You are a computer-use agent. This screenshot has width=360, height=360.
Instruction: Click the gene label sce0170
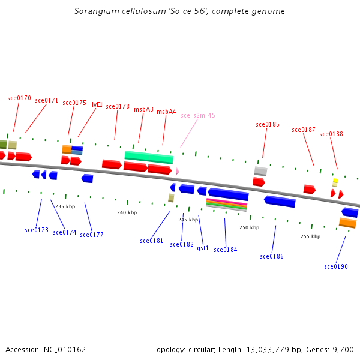click(19, 97)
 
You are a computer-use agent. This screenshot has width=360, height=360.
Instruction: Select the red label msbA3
click(143, 109)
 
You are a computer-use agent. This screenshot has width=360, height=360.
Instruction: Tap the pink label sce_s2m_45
click(198, 115)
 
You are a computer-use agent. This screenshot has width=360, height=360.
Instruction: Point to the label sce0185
click(268, 125)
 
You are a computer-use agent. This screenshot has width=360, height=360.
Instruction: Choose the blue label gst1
click(203, 248)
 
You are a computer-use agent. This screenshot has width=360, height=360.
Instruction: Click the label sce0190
click(336, 266)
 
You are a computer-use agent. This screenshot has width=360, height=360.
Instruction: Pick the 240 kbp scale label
click(127, 212)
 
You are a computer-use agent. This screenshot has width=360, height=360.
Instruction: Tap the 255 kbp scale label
click(310, 236)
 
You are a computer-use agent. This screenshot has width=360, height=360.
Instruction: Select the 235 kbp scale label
click(65, 206)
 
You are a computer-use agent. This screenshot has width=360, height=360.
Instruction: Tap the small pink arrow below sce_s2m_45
click(177, 172)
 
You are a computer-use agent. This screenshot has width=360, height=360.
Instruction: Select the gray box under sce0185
click(260, 171)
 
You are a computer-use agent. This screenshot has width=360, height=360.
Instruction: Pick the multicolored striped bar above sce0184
click(226, 205)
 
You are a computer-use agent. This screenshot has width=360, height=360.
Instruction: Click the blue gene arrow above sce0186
click(280, 202)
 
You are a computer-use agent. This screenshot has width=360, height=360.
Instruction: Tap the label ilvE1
click(96, 104)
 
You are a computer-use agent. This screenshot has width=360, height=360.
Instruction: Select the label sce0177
click(92, 235)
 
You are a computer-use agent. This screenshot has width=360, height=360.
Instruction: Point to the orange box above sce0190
click(347, 223)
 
